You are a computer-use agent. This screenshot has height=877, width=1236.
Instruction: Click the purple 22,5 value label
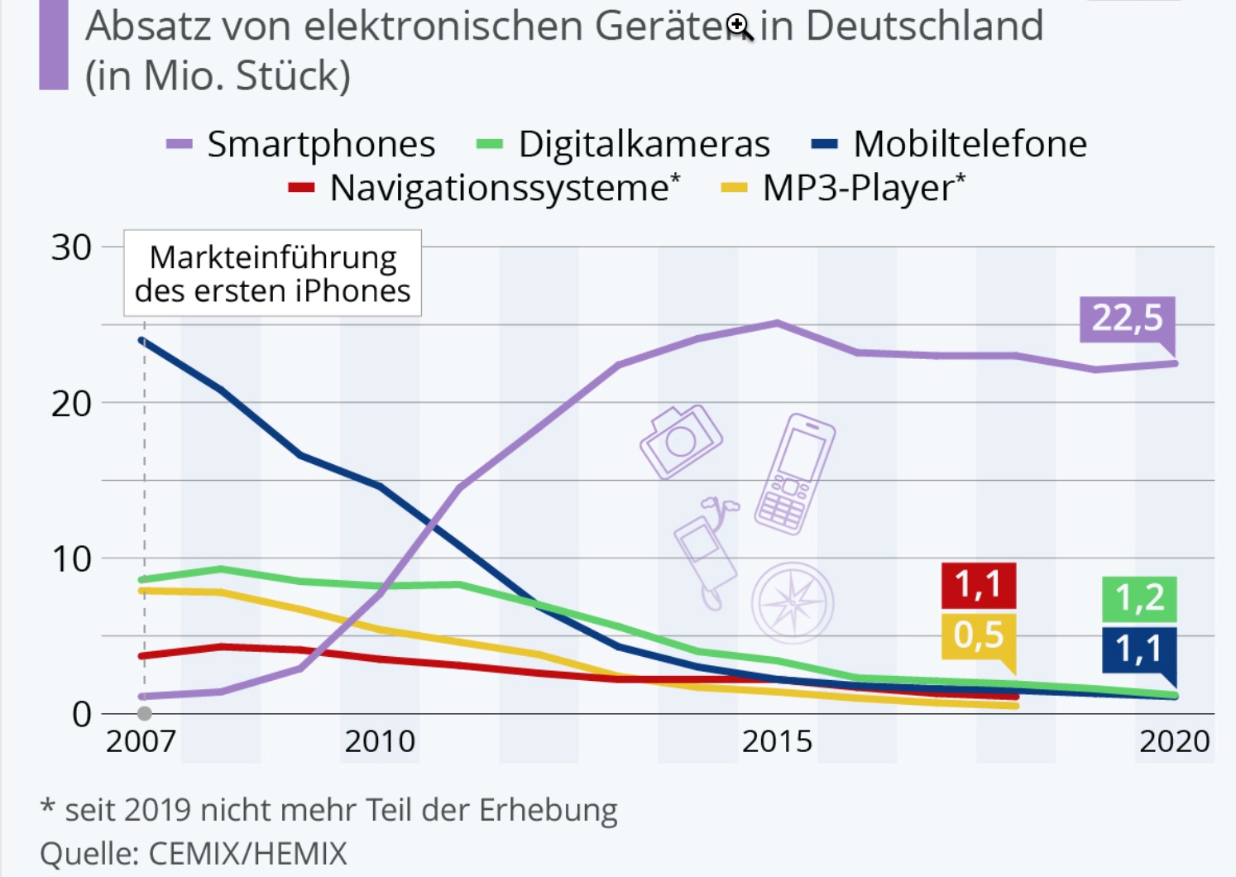(x=1127, y=319)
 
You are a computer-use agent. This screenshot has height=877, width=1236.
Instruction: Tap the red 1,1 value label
(x=978, y=585)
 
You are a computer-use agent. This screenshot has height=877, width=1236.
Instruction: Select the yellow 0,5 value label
(x=978, y=635)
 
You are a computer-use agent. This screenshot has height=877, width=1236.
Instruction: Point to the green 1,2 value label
(x=1139, y=597)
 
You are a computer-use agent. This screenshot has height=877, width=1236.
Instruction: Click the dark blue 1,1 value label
(x=1139, y=649)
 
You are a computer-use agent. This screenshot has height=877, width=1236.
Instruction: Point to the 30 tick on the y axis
(x=71, y=247)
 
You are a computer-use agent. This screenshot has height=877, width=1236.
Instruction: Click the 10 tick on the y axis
(x=71, y=559)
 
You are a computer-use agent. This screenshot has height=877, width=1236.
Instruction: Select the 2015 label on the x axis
(x=777, y=741)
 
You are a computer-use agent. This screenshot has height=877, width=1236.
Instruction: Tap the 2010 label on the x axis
(x=380, y=741)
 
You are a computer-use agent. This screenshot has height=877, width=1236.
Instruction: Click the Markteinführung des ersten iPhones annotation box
(x=272, y=274)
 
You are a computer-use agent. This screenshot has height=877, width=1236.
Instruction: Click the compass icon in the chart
(x=793, y=603)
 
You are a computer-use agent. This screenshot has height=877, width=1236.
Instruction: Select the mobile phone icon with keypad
(x=793, y=474)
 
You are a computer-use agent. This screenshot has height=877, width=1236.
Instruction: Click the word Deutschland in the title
(x=924, y=26)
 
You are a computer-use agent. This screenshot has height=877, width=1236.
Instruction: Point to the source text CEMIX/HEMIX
(x=247, y=853)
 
